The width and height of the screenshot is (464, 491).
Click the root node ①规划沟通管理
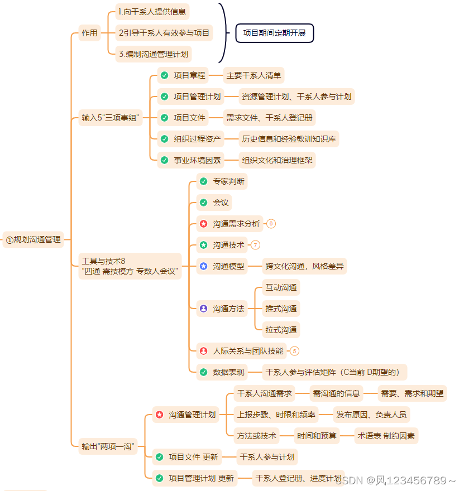point(34,240)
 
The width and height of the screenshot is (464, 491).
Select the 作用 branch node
point(89,33)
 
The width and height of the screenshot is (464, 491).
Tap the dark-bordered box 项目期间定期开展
point(274,33)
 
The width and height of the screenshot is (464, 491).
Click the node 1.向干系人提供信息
point(152,12)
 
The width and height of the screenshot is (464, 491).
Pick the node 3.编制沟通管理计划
point(154,55)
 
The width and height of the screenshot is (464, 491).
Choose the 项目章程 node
point(189,75)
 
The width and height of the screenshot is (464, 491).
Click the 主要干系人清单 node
point(253,75)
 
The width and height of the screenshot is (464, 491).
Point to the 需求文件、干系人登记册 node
point(269,118)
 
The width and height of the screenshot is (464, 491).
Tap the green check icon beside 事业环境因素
point(164,160)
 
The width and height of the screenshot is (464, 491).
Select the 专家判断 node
point(228,181)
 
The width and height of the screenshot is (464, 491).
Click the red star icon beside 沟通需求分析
point(204,224)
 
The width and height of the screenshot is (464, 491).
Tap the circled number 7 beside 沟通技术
point(256,245)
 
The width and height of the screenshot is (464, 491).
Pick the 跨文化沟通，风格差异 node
point(305,266)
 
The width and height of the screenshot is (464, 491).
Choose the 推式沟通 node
point(281,309)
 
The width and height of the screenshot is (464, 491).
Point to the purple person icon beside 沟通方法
point(204,309)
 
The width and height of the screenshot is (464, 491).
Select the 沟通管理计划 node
point(192,415)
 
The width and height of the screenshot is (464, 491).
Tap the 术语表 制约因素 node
point(386,436)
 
